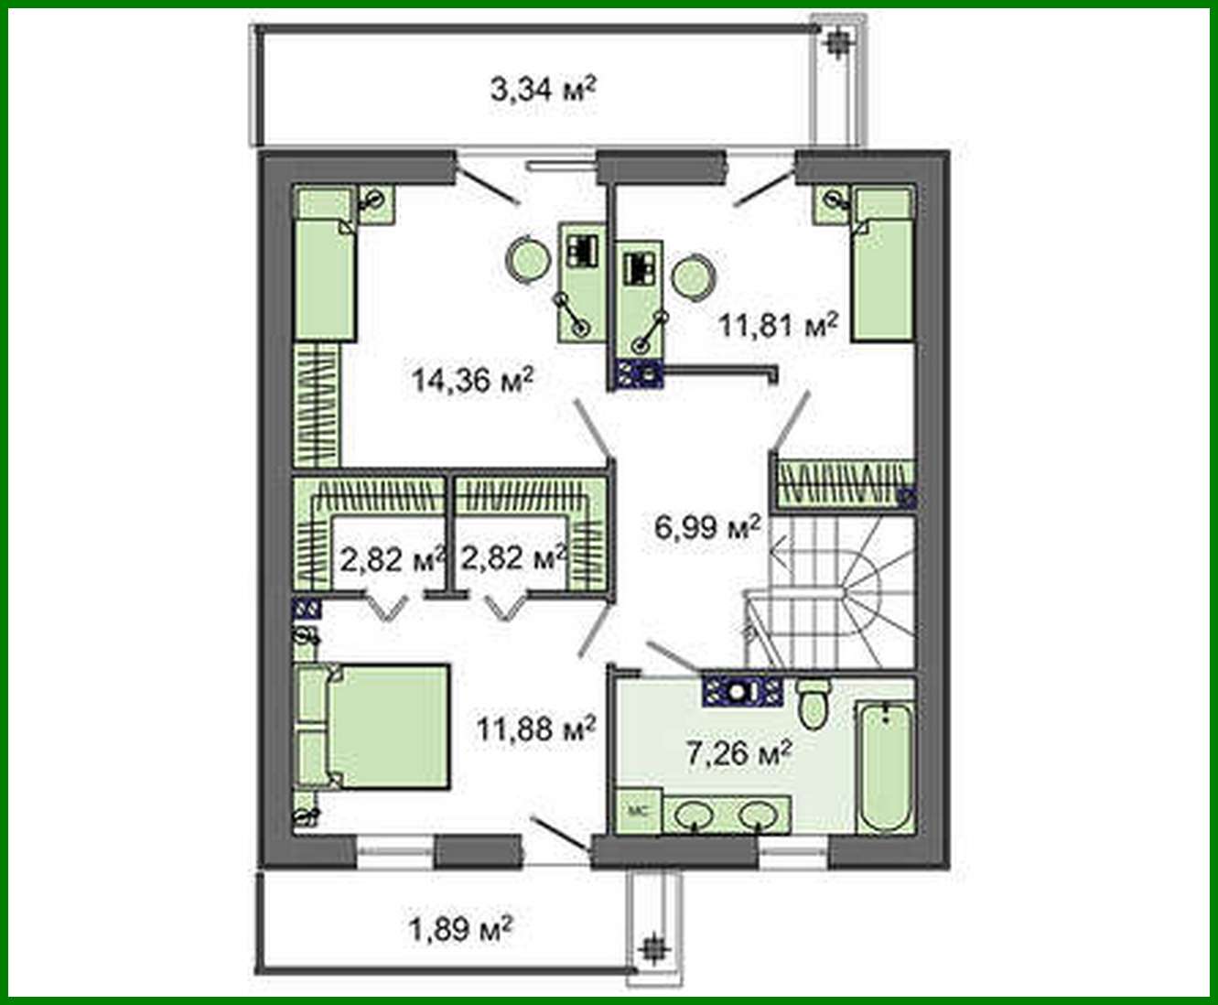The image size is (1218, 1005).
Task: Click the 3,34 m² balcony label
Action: [544, 90]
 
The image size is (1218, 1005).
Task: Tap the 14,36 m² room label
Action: [472, 378]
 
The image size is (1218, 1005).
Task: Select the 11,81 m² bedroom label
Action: [778, 324]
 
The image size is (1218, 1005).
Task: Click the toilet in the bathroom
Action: [812, 706]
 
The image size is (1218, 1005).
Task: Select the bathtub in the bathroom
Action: [885, 767]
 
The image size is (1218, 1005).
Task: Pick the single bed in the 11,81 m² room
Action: [883, 265]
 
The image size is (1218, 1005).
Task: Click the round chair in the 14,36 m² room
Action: [527, 258]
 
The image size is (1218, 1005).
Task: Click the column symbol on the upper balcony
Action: [836, 41]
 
